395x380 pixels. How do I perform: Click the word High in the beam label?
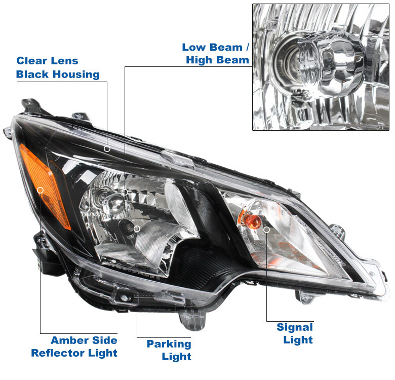[x=199, y=60]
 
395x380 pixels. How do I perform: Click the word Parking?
[x=169, y=344]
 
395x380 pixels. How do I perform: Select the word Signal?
[x=295, y=327]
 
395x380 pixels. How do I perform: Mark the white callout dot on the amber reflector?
[x=41, y=190]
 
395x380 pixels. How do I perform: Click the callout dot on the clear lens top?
[x=107, y=148]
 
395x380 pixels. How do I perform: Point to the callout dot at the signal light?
[x=267, y=229]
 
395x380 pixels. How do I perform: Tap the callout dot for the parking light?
[x=137, y=229]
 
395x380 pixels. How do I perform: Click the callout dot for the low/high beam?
[x=125, y=192]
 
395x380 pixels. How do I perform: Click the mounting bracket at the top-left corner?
[x=30, y=106]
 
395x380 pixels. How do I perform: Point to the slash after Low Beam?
[x=247, y=47]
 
